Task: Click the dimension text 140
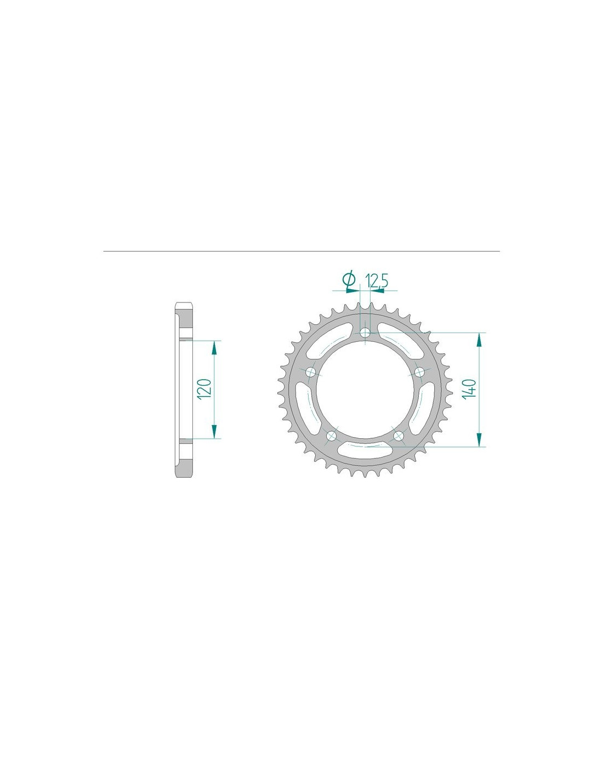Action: click(x=470, y=388)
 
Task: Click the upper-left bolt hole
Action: click(x=311, y=372)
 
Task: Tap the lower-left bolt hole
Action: click(x=332, y=436)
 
